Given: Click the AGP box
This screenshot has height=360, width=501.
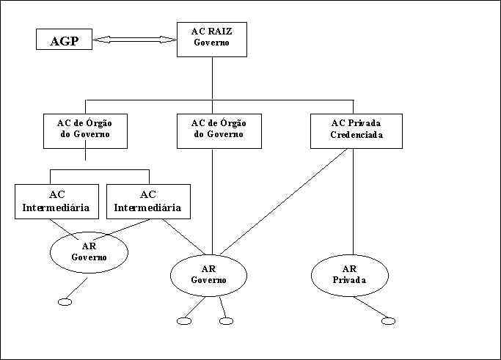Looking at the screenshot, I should tap(65, 40).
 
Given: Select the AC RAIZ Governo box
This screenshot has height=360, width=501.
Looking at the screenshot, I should tap(212, 39).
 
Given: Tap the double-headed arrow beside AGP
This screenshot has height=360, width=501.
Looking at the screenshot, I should tap(135, 40).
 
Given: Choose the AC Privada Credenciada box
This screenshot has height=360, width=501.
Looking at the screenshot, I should tap(356, 131).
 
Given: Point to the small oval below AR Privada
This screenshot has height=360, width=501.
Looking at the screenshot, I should tap(388, 320).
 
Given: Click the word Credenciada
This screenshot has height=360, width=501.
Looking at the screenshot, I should tap(356, 136).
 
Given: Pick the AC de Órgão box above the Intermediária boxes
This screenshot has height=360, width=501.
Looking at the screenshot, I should tap(86, 131).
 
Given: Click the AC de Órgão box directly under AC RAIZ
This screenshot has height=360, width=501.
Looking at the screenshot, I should tap(219, 131).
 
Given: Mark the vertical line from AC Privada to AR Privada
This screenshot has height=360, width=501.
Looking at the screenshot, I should tap(353, 198).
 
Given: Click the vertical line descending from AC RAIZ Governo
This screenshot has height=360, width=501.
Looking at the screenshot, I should tap(212, 77).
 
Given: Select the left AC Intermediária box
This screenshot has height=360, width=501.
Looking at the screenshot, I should tap(56, 201).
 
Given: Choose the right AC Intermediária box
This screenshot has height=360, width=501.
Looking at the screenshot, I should tap(147, 201).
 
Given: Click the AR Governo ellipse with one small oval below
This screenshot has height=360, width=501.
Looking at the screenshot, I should tap(89, 251).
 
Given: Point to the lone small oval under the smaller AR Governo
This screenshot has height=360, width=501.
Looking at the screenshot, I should tap(64, 302).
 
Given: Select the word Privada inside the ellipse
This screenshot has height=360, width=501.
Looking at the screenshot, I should tap(348, 280).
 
